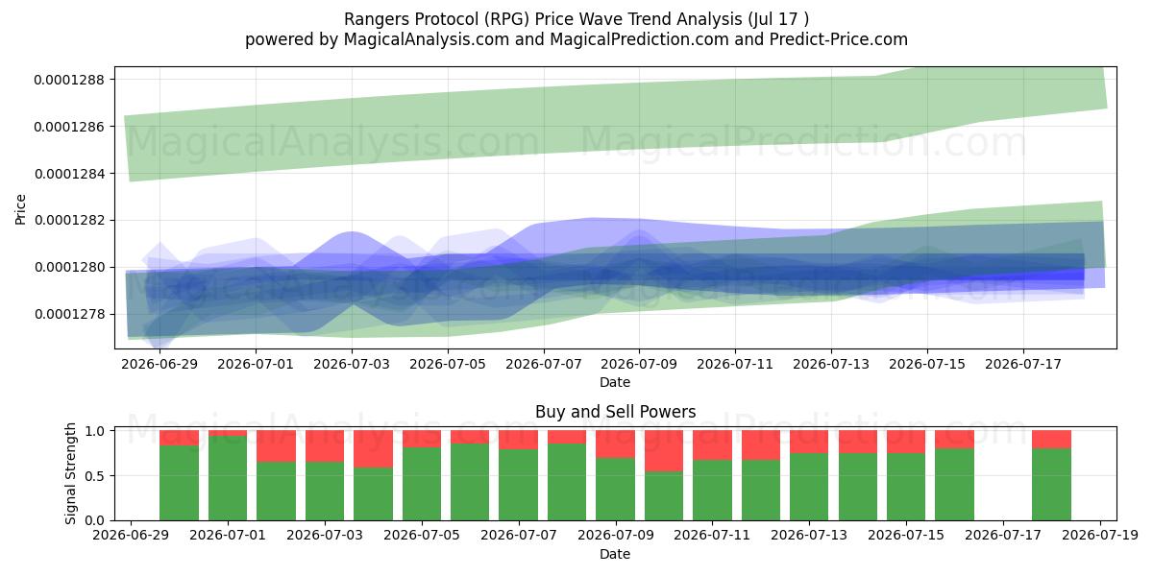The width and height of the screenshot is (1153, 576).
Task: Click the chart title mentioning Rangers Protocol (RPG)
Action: (x=576, y=19)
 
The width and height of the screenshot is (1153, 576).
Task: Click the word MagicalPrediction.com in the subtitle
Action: (x=639, y=39)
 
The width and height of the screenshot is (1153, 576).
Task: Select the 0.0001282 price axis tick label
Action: (x=69, y=220)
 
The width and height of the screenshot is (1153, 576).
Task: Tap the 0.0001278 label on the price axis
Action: (x=69, y=314)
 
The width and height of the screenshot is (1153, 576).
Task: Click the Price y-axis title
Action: (x=20, y=209)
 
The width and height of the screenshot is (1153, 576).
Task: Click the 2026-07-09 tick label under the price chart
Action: (x=639, y=364)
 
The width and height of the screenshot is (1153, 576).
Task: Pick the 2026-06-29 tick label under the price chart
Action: (x=159, y=364)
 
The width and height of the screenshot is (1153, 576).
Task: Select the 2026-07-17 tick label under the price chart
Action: (x=1023, y=364)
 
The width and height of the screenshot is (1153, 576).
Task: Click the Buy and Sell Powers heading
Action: (x=615, y=412)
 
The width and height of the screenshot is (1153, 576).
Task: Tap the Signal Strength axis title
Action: (x=70, y=473)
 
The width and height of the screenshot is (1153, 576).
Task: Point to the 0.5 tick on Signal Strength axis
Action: (x=95, y=476)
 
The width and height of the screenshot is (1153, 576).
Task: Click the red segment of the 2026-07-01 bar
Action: (x=228, y=433)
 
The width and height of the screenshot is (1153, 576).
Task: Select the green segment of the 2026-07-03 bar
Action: (x=325, y=492)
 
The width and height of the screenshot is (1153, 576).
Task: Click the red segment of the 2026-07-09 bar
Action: (x=616, y=444)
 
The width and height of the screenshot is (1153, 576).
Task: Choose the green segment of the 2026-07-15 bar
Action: (x=906, y=487)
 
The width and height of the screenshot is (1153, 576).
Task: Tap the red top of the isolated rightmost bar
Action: (x=1051, y=440)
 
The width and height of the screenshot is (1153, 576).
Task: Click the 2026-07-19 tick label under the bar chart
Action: (x=1100, y=536)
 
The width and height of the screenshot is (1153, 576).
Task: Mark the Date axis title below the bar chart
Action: (x=615, y=554)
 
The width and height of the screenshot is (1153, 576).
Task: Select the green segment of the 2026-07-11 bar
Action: (x=712, y=491)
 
